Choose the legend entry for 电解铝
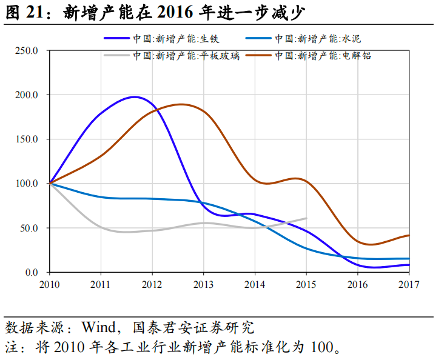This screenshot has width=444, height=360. coord(322,56)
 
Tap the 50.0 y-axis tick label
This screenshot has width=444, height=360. coord(29,228)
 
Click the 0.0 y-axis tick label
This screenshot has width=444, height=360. coord(32,273)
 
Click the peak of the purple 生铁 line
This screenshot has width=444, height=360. coord(134,97)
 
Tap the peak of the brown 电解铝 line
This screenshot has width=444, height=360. coord(181,104)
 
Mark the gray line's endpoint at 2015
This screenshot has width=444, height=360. coord(306,218)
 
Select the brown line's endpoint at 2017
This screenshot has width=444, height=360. coord(409,235)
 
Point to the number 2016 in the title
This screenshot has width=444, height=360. coord(172,12)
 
